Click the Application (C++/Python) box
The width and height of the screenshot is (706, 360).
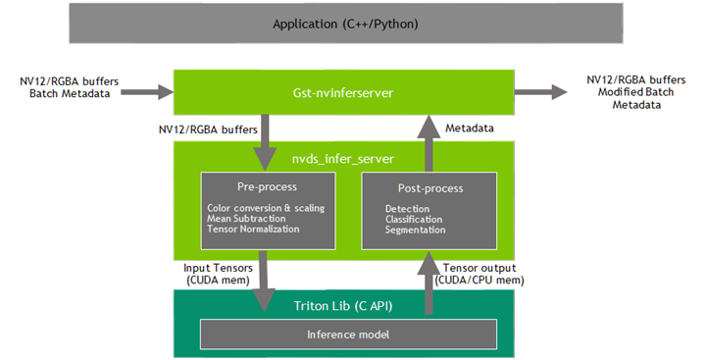pyautogui.click(x=345, y=23)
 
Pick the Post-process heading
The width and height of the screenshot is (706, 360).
pyautogui.click(x=430, y=187)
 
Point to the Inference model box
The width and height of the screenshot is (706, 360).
pyautogui.click(x=346, y=334)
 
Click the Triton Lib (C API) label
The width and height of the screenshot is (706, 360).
pyautogui.click(x=346, y=305)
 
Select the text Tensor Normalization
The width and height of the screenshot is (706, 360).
pyautogui.click(x=253, y=229)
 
